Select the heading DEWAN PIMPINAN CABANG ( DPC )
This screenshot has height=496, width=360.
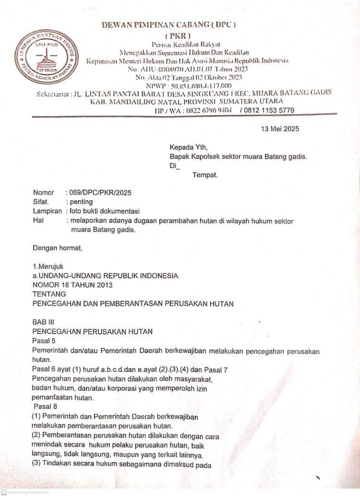[176, 24]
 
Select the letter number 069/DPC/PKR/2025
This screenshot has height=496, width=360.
[100, 192]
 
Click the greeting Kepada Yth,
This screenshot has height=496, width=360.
[189, 147]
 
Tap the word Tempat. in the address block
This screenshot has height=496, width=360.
[205, 175]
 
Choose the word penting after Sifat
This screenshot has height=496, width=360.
[81, 202]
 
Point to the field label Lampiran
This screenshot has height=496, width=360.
[47, 211]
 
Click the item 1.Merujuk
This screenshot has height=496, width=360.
[48, 266]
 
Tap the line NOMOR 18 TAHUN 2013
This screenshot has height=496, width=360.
[72, 285]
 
